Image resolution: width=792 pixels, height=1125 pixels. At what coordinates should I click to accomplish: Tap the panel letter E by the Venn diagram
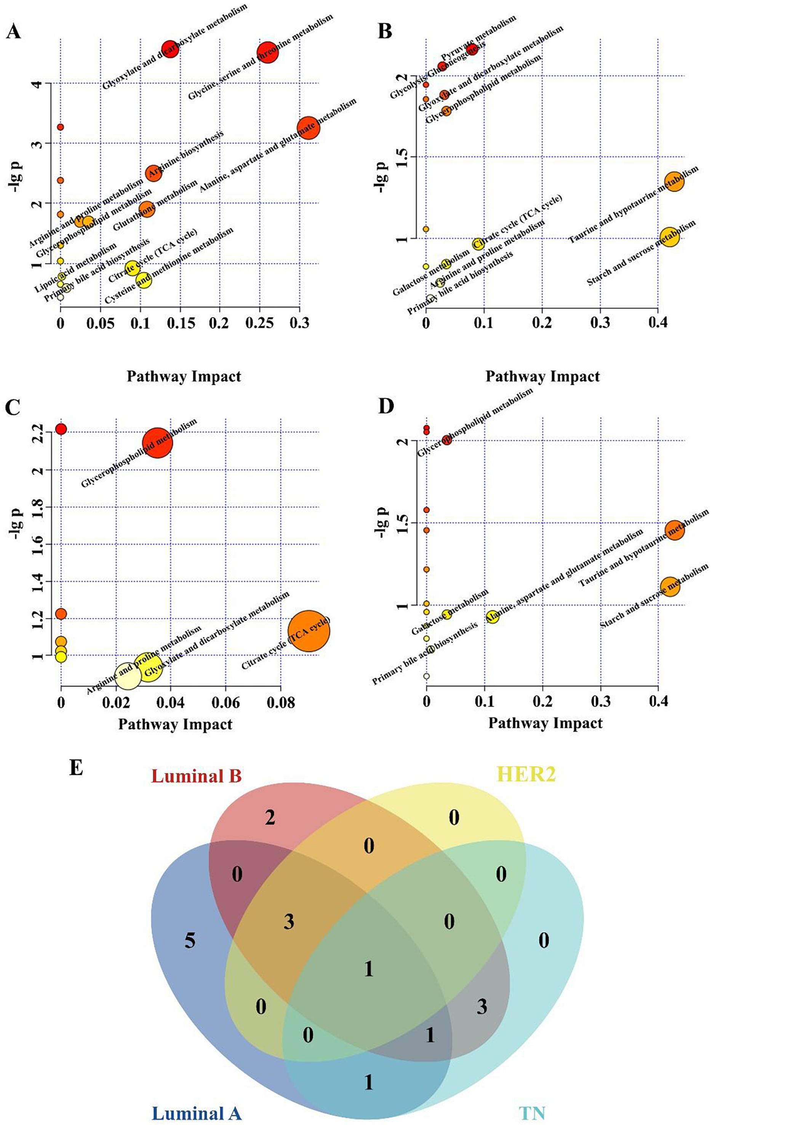(x=76, y=767)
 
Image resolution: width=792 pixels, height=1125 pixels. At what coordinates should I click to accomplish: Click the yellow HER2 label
(x=526, y=774)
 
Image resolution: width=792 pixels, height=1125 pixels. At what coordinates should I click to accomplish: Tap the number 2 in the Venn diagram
(x=270, y=818)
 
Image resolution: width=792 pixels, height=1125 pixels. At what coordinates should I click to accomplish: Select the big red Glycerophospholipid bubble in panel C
(x=157, y=442)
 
